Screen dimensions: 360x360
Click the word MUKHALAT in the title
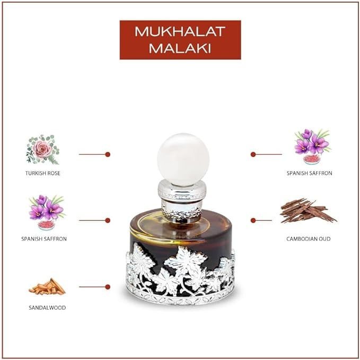tap(180, 31)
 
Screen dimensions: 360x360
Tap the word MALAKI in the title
tap(180, 48)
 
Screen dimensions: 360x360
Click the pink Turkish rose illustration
tap(43, 150)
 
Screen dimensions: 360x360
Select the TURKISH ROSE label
tap(43, 173)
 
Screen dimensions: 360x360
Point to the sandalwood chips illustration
tap(47, 286)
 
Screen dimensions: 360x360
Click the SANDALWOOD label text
tap(47, 308)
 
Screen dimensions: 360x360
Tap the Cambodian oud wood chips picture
tap(308, 211)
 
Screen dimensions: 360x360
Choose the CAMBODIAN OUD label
tap(309, 239)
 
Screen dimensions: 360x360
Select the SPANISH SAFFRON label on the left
tap(44, 239)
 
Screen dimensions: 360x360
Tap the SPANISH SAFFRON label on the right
tap(310, 173)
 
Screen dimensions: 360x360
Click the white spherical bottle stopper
tap(183, 160)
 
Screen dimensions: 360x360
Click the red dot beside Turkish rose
tap(108, 154)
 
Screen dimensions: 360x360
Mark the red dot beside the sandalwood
tap(108, 287)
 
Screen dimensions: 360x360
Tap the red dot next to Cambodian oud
tap(253, 221)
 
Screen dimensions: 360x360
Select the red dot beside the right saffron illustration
tap(253, 154)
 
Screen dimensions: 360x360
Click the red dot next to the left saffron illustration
tap(108, 221)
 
